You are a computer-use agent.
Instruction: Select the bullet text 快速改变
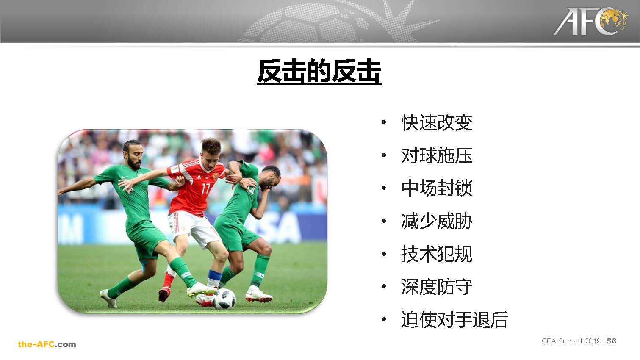tap(437, 122)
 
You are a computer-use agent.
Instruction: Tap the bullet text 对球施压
tap(437, 155)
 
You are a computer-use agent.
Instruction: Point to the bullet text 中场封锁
tap(437, 188)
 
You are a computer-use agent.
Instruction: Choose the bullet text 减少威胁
tap(437, 221)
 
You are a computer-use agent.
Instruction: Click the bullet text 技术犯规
tap(437, 254)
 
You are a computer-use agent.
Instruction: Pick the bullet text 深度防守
tap(437, 287)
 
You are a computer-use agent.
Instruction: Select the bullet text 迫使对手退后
tap(454, 319)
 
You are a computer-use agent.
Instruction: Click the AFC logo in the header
tap(591, 22)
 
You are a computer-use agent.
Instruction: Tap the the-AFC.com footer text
tap(47, 344)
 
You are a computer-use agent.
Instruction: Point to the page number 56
tap(612, 341)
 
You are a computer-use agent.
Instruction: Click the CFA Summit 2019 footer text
tap(571, 341)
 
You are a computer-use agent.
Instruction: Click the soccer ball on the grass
tap(224, 299)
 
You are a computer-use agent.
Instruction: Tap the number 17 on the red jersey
tap(206, 188)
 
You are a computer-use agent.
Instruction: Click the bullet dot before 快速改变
tap(384, 122)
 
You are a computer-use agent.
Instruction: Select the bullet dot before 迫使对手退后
tap(384, 319)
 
